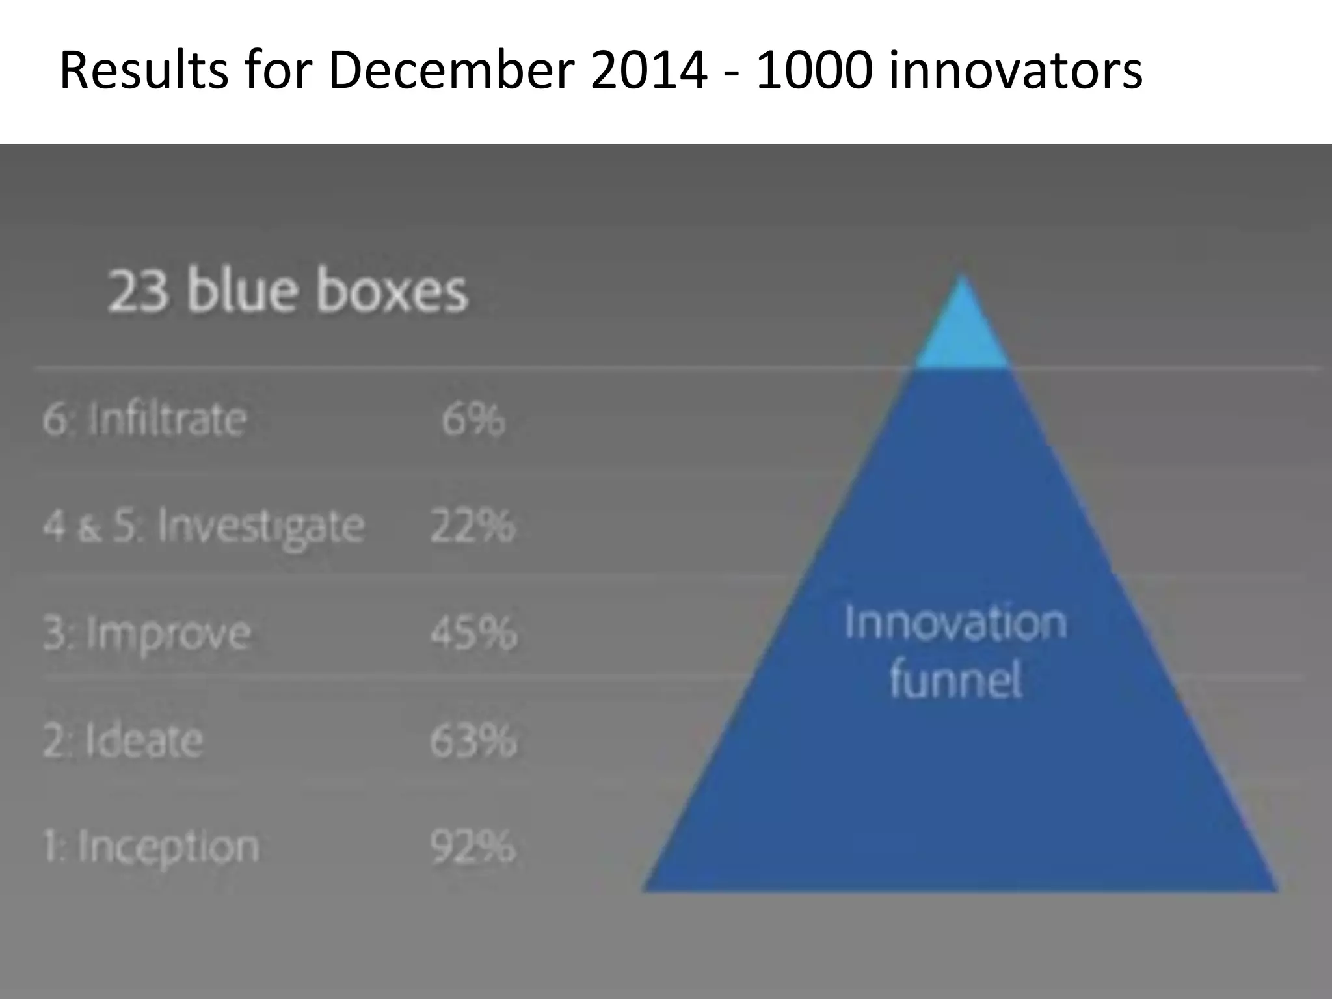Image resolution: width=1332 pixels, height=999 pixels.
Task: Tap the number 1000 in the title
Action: coord(813,70)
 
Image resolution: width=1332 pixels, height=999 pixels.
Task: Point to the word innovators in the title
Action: coord(1015,70)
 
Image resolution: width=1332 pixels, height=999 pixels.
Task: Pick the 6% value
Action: coord(473,419)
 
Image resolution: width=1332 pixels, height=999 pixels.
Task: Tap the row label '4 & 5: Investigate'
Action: coord(204,526)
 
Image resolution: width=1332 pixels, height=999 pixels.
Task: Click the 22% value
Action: coord(473,526)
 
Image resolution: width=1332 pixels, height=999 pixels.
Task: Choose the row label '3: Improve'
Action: coord(147,633)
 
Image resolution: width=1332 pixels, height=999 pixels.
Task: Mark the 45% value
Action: coord(473,633)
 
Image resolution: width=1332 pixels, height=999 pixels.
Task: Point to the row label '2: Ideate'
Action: coord(123,740)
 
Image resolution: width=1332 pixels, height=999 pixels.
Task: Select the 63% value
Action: coord(473,740)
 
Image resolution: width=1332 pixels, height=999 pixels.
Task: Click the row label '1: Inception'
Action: coord(151,847)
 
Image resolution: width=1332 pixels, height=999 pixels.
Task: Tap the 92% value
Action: coord(473,847)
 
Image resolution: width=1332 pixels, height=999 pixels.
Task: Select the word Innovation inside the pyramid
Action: coord(955,622)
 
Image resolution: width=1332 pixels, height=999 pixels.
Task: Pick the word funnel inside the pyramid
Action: coord(955,680)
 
